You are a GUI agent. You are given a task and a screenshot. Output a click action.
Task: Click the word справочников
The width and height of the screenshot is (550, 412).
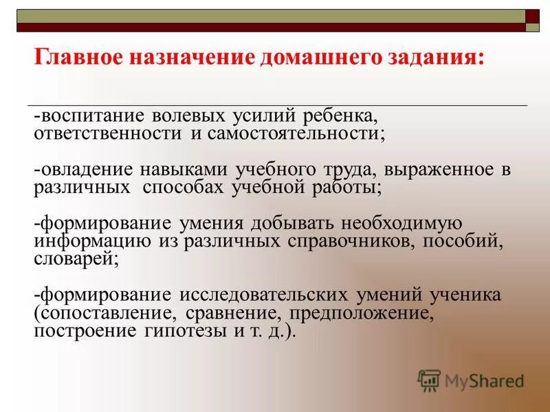tap(349, 242)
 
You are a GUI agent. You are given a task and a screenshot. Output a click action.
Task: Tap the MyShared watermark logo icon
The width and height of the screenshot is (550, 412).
tap(429, 380)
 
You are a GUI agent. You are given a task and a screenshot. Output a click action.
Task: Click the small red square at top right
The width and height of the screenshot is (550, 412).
tap(533, 16)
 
